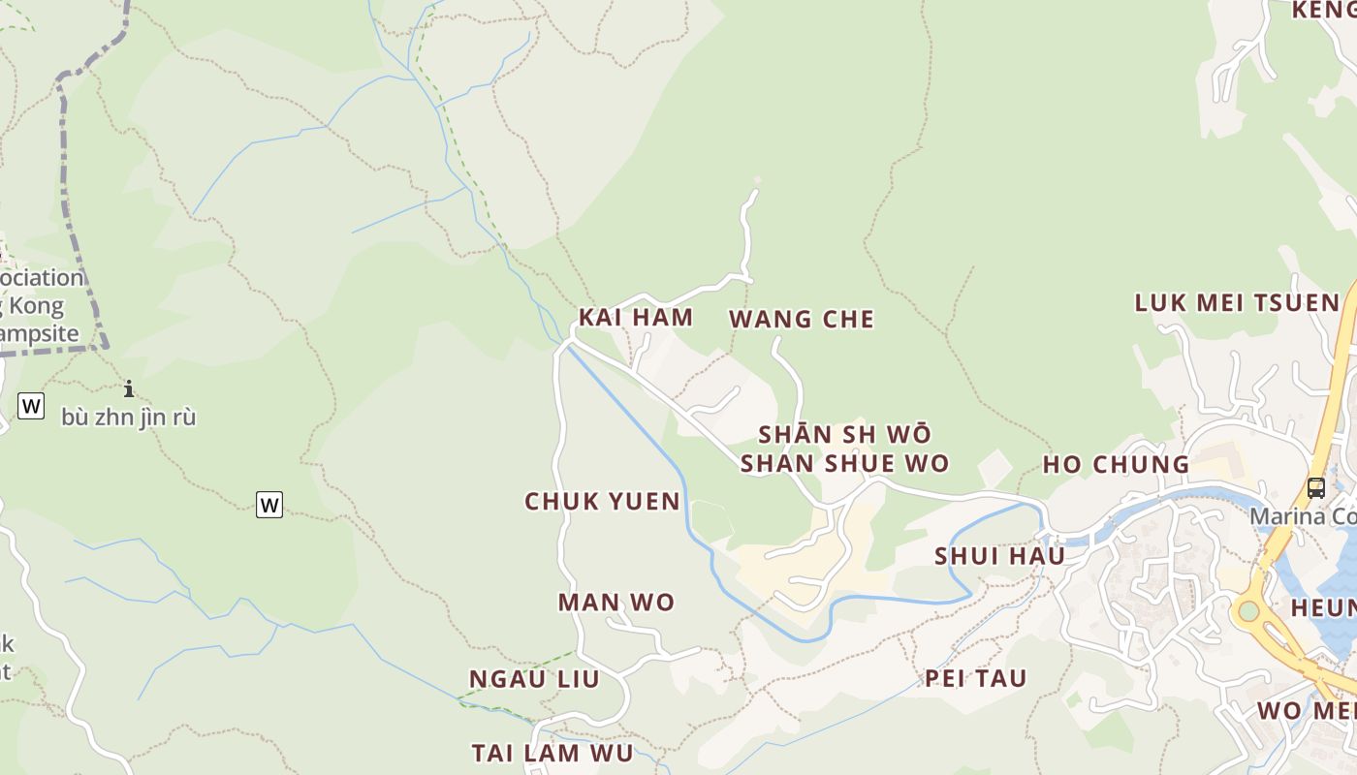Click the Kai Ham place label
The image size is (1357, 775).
coord(636,317)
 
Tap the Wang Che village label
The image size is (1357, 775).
coord(801,319)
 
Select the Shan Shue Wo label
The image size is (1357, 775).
coord(844,463)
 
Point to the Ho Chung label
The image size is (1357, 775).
coord(1116,464)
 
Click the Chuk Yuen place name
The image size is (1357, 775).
coord(602,501)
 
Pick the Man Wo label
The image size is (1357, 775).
coord(615,602)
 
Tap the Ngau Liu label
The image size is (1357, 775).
coord(534,678)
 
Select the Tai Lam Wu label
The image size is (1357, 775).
coord(552,753)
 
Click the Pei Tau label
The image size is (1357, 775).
coord(975,678)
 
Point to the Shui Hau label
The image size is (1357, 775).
coord(999,556)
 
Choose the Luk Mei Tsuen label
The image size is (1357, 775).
coord(1237,302)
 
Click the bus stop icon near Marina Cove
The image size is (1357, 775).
coord(1315,488)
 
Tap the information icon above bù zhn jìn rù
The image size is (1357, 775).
coord(128,389)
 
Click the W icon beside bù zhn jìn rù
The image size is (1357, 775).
coord(31,406)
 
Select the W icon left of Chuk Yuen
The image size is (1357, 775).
coord(269,505)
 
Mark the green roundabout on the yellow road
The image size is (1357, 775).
coord(1248,611)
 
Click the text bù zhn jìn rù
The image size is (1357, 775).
coord(128,418)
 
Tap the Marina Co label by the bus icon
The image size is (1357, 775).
coord(1302,515)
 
